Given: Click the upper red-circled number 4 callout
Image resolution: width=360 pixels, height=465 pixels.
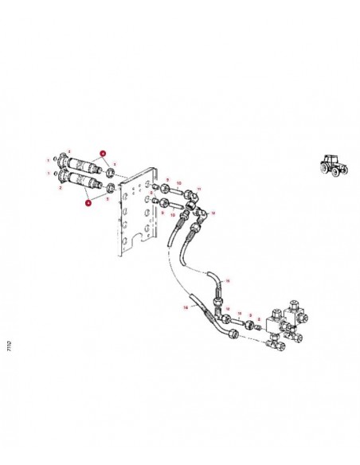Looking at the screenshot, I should [103, 152].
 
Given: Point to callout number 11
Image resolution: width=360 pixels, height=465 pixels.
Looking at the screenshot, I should [200, 189].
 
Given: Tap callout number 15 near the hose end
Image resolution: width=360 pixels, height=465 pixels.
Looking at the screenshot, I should [227, 281].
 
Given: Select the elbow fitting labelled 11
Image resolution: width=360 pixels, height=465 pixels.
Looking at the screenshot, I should [189, 197].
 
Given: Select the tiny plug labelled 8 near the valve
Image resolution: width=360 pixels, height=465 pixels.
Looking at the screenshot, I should [257, 326].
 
